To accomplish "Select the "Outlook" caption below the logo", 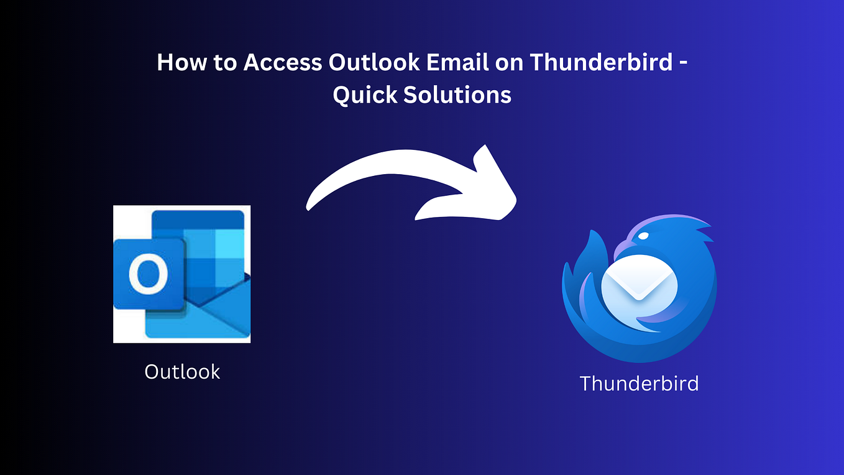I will click(182, 372).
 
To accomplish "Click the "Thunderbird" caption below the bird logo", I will click(639, 383).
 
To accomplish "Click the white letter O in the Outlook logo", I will click(149, 274).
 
